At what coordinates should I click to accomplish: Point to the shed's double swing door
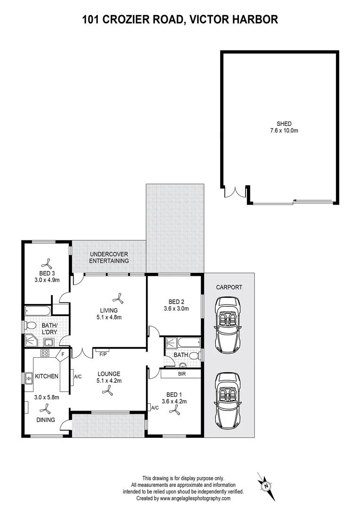pyautogui.click(x=235, y=192)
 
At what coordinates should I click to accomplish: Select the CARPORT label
pyautogui.click(x=229, y=287)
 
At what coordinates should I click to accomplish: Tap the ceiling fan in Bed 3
pyautogui.click(x=47, y=263)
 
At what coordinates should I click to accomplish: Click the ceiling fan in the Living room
pyautogui.click(x=117, y=297)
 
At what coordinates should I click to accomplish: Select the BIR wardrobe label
pyautogui.click(x=181, y=373)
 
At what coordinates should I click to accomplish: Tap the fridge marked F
pyautogui.click(x=63, y=353)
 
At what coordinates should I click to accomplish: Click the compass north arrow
pyautogui.click(x=266, y=485)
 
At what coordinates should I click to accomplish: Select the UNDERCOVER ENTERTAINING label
pyautogui.click(x=109, y=257)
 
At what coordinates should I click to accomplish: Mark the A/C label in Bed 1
pyautogui.click(x=153, y=407)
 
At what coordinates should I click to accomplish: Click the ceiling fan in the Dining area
pyautogui.click(x=46, y=409)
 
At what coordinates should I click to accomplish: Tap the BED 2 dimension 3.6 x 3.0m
pyautogui.click(x=175, y=309)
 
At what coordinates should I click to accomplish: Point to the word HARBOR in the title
pyautogui.click(x=252, y=19)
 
